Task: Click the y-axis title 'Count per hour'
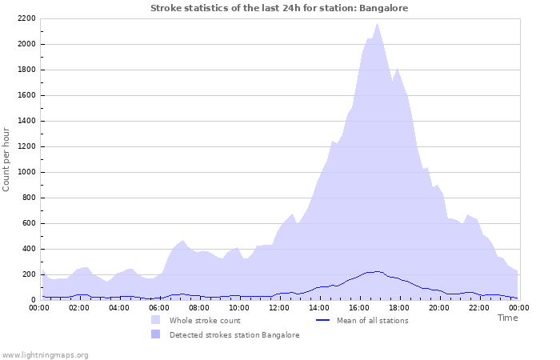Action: pos(7,159)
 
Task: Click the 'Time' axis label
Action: pos(507,318)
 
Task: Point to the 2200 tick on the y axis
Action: pos(26,18)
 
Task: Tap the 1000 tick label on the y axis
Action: pos(26,172)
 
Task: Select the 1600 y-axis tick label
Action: pos(26,95)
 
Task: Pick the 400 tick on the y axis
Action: pos(29,249)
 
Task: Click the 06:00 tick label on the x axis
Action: pos(159,307)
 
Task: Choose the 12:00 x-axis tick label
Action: pos(279,307)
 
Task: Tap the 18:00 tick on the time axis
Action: pos(399,307)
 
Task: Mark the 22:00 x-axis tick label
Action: pos(479,307)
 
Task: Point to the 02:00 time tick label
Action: pos(79,307)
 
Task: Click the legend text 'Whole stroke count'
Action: pos(205,321)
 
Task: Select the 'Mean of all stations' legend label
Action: pos(372,321)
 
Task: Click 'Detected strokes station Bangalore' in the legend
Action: pos(234,335)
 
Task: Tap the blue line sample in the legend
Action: pos(323,320)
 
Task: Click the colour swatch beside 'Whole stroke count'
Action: pos(155,320)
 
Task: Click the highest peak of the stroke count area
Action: pos(377,23)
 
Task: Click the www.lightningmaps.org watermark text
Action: pos(45,354)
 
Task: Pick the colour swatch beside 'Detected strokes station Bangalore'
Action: pos(155,334)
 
